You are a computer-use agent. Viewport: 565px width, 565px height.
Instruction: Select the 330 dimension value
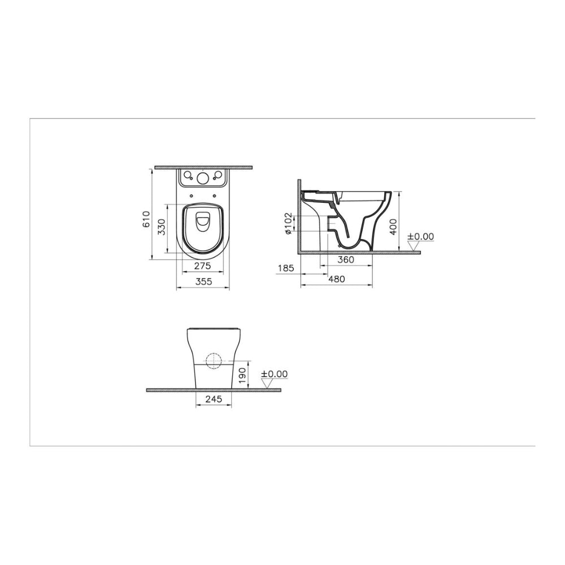[163, 227]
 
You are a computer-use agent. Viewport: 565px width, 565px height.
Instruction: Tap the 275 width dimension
[202, 266]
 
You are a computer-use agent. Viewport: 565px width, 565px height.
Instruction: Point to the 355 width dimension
[203, 281]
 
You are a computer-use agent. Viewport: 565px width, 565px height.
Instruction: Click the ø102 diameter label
[288, 223]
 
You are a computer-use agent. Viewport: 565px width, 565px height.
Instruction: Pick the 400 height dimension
[393, 227]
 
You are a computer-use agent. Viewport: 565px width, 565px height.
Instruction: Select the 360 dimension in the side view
[346, 259]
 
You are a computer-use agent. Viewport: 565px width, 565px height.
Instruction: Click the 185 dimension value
[286, 268]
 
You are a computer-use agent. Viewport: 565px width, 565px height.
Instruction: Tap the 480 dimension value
[337, 279]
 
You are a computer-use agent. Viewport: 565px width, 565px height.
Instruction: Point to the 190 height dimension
[242, 376]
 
